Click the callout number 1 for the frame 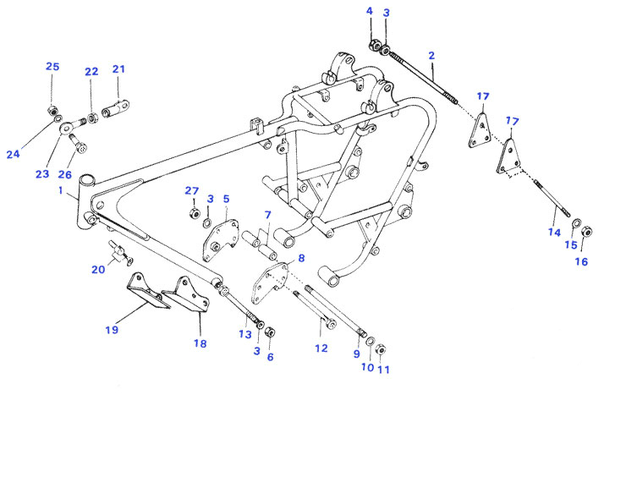[61, 190]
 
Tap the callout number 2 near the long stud [431, 56]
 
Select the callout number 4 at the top [370, 11]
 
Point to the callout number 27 [192, 191]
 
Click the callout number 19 [113, 330]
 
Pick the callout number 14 [554, 233]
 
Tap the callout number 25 [52, 66]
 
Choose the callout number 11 [383, 370]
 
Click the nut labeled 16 [586, 232]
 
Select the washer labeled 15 [576, 223]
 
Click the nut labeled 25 [52, 110]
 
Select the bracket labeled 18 [186, 294]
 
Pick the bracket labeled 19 [146, 292]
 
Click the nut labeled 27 [194, 213]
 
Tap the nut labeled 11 [381, 349]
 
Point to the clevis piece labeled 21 [116, 107]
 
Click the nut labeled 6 [271, 332]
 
